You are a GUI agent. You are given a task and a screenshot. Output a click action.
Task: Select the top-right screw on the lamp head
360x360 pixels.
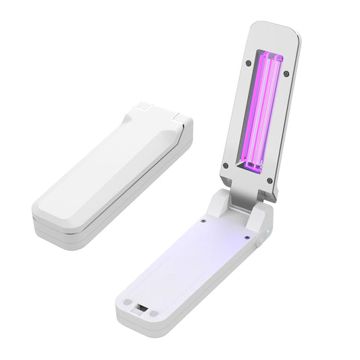(x=286, y=73)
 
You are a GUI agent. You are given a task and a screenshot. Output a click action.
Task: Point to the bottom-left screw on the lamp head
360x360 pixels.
(x=225, y=164)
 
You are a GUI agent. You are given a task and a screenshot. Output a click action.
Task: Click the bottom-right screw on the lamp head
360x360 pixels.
(x=269, y=180)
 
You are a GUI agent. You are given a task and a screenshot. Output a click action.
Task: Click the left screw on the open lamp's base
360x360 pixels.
(x=203, y=220)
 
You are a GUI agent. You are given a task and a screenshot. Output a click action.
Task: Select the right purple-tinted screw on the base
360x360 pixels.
(x=245, y=236)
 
